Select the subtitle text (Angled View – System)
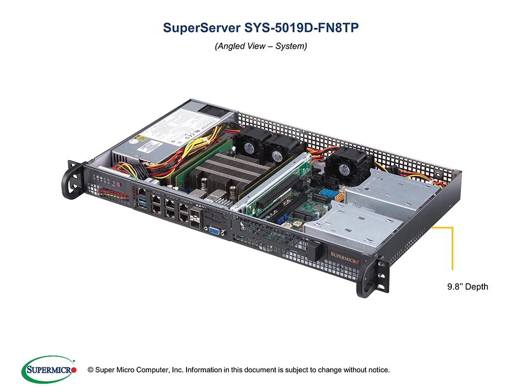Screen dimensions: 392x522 261,47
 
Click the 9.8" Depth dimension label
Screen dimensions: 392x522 464,287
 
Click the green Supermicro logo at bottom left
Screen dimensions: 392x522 48,370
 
